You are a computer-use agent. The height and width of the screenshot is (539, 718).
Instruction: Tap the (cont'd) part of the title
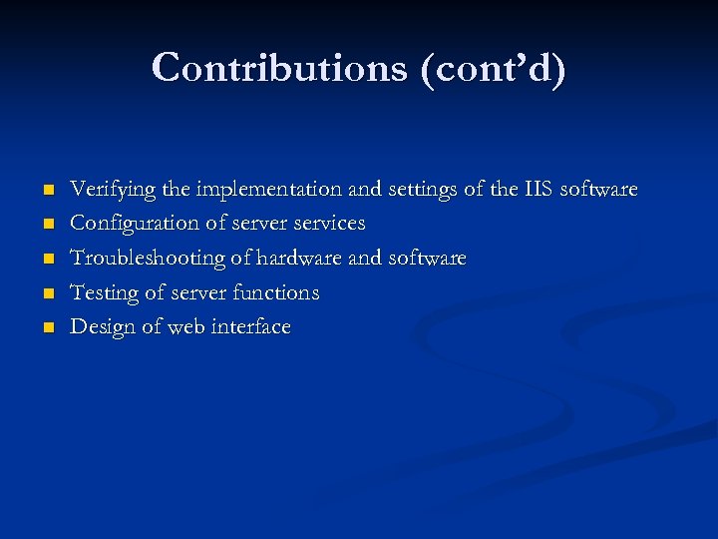(493, 68)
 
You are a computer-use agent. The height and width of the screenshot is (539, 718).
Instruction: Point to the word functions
(275, 293)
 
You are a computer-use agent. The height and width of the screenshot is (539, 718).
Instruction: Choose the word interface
(250, 327)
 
